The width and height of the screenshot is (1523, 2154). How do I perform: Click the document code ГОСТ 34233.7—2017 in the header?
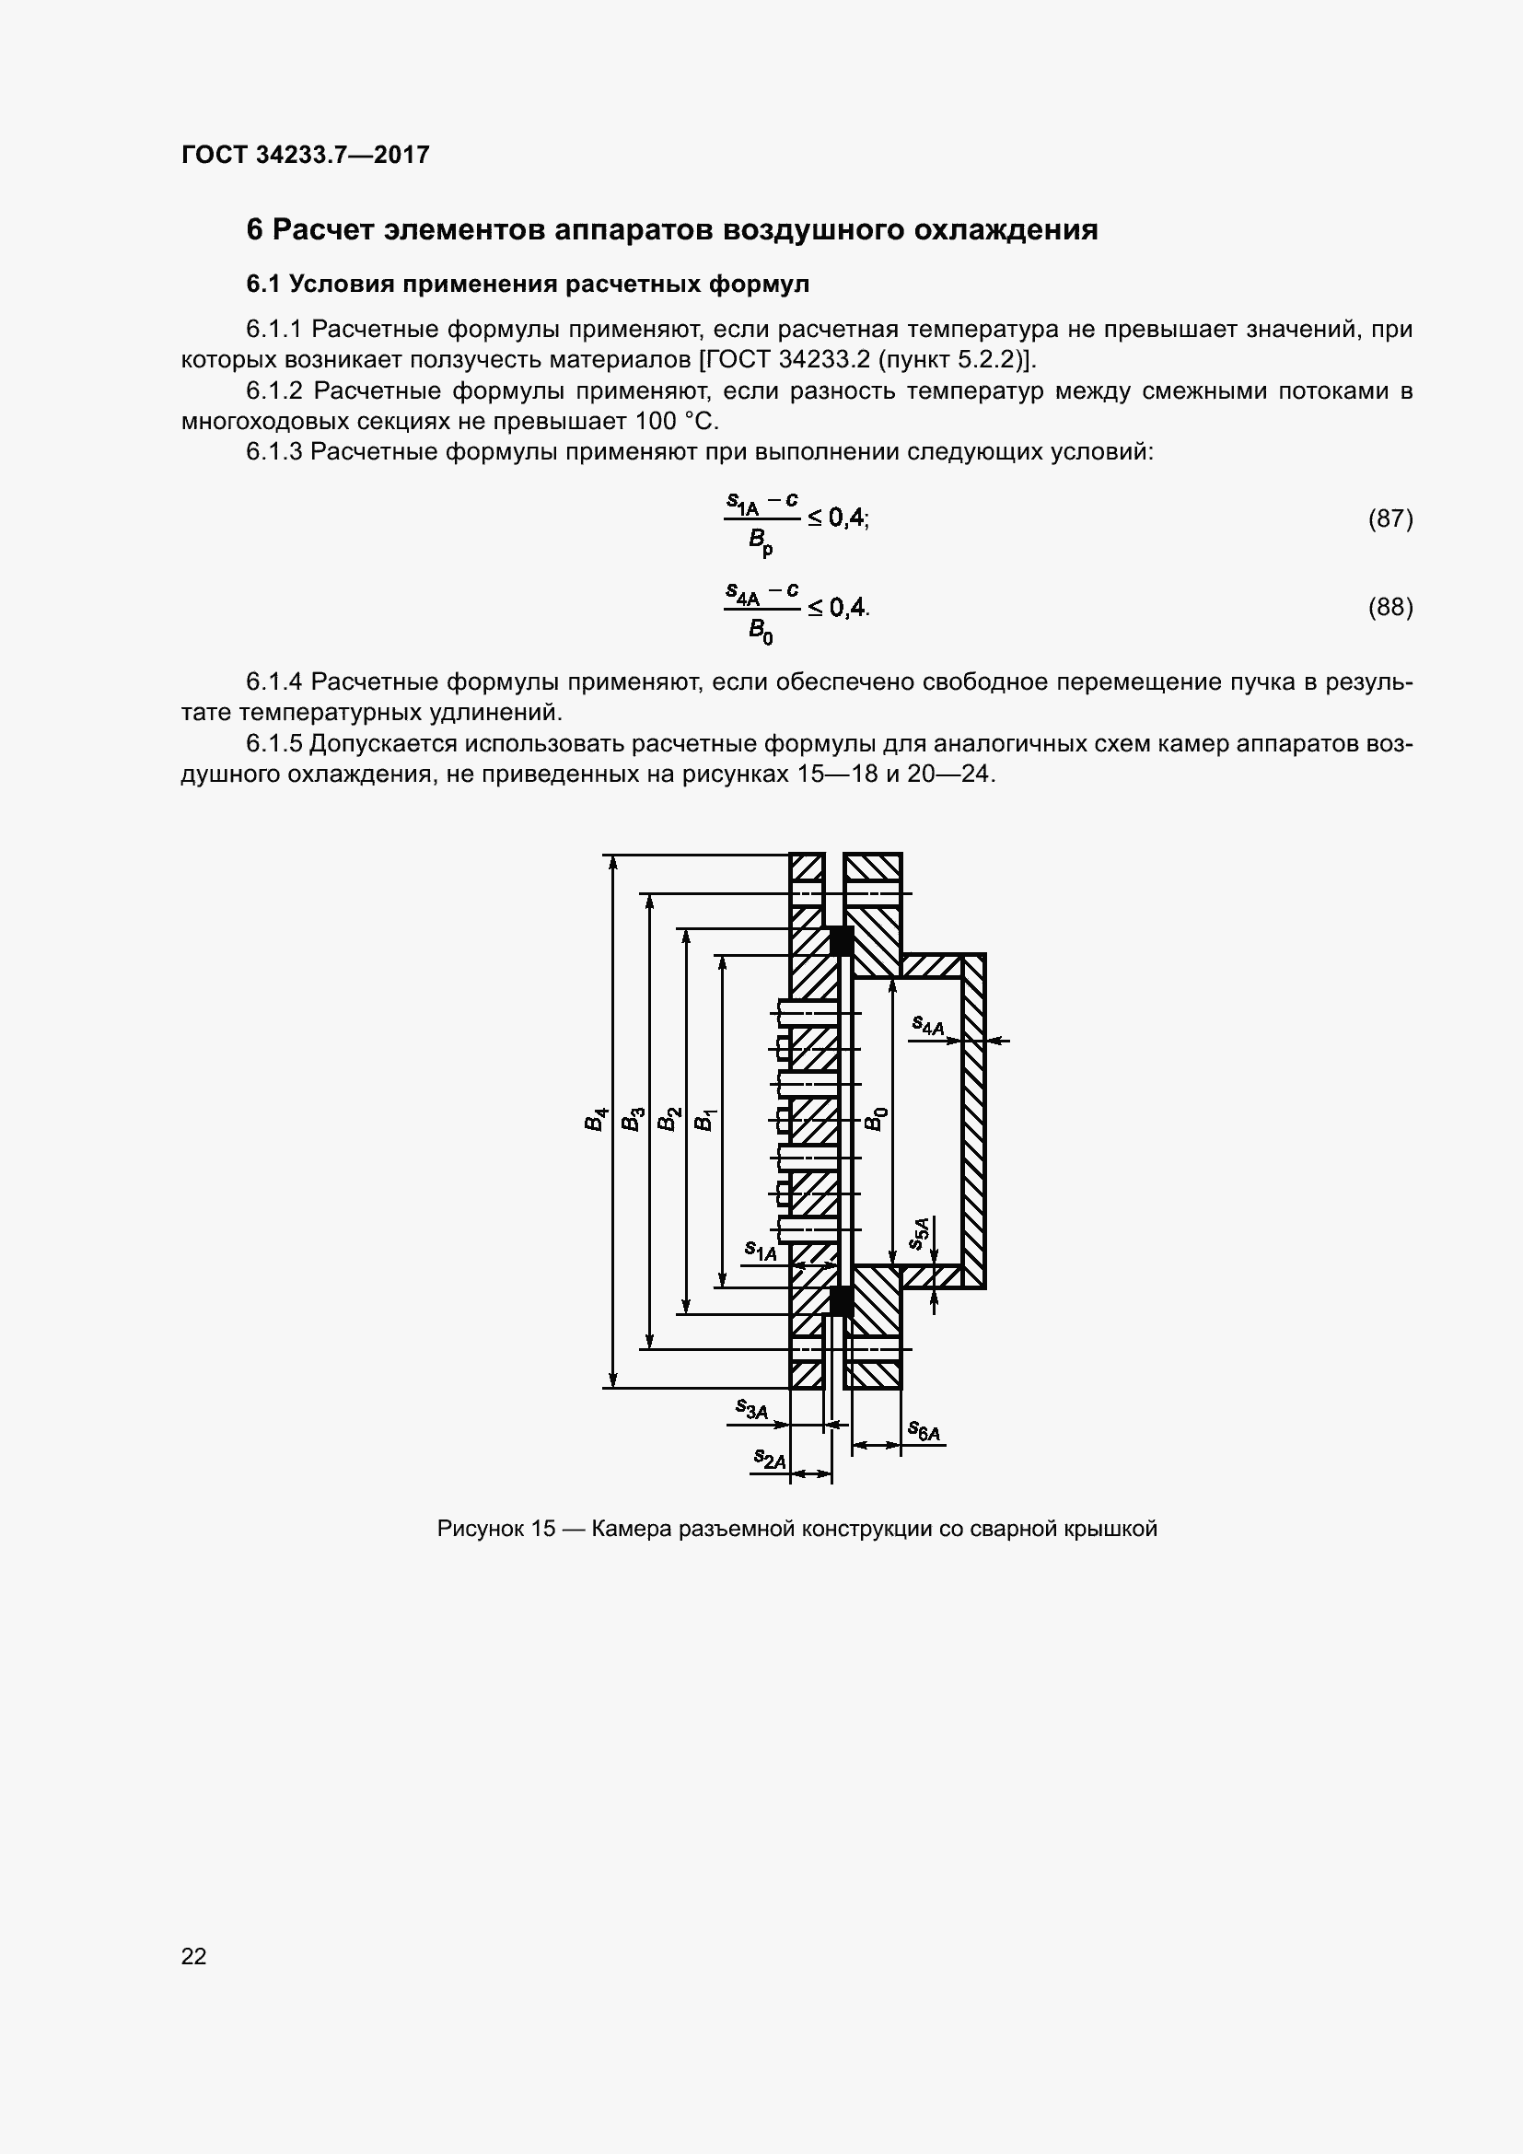coord(305,155)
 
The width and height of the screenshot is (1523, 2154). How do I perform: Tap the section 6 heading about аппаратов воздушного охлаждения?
coord(671,230)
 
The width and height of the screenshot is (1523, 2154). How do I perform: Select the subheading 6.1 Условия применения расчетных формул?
coord(527,284)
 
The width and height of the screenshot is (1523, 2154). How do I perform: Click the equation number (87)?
coord(1389,518)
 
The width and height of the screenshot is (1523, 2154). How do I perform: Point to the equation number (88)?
coord(1389,607)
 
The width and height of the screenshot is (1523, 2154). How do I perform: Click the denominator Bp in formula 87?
coord(761,541)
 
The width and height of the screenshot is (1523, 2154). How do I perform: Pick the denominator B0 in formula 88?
coord(761,632)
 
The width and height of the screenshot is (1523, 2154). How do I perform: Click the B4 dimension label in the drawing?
coord(596,1119)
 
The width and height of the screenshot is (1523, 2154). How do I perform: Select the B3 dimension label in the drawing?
coord(632,1119)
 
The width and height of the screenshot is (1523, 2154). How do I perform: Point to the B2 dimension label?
coord(668,1119)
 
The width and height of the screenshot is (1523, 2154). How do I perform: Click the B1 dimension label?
coord(703,1119)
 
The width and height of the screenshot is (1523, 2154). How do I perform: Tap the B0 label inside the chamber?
coord(874,1118)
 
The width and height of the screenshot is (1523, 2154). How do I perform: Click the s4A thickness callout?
coord(927,1025)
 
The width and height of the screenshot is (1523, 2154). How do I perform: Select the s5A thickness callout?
coord(920,1233)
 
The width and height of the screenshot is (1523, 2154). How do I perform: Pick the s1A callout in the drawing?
coord(761,1250)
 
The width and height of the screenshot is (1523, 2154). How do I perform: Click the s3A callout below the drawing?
coord(751,1408)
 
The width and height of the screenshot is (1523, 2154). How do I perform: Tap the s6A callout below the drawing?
coord(924,1431)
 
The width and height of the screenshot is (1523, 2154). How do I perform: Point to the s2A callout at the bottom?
coord(770,1458)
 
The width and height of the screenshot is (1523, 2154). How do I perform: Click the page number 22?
coord(194,1956)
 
